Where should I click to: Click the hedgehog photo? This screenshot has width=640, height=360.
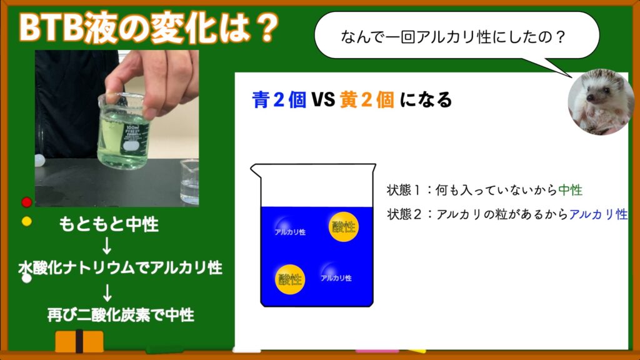600,102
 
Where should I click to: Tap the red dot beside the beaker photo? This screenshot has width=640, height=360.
27,202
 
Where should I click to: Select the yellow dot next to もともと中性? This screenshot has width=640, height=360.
27,222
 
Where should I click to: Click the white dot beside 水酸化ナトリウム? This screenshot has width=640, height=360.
27,278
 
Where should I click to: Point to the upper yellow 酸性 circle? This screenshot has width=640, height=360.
343,227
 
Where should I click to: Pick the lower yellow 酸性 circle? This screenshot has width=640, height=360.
290,279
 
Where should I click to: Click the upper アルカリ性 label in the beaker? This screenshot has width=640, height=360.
290,232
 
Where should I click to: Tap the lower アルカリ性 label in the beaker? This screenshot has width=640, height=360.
336,278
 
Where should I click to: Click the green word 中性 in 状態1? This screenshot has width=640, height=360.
570,190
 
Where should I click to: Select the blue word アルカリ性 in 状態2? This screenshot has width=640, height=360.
598,214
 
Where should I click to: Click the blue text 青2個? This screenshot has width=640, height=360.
279,100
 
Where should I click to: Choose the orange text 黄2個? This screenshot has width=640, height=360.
367,100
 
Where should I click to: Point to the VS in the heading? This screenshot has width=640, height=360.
323,100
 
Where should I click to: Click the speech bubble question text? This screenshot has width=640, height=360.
453,37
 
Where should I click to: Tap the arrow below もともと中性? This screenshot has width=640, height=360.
107,246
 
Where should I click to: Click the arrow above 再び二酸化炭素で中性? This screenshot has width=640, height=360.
107,292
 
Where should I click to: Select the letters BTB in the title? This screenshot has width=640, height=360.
51,28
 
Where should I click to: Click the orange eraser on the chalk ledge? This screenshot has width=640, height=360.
79,341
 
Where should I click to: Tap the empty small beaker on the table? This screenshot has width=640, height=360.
189,182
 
